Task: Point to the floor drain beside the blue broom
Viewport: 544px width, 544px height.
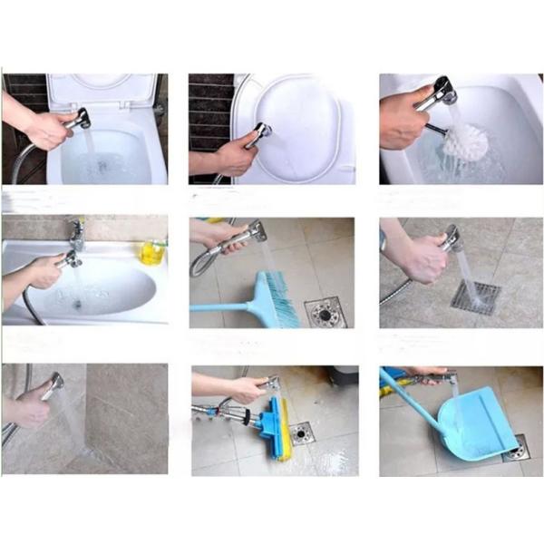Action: pyautogui.click(x=324, y=311)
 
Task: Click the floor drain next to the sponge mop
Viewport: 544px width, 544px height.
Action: pyautogui.click(x=302, y=432)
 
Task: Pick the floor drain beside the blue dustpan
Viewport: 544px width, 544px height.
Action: pyautogui.click(x=516, y=448)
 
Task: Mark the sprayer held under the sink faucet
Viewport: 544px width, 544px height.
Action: pyautogui.click(x=71, y=261)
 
